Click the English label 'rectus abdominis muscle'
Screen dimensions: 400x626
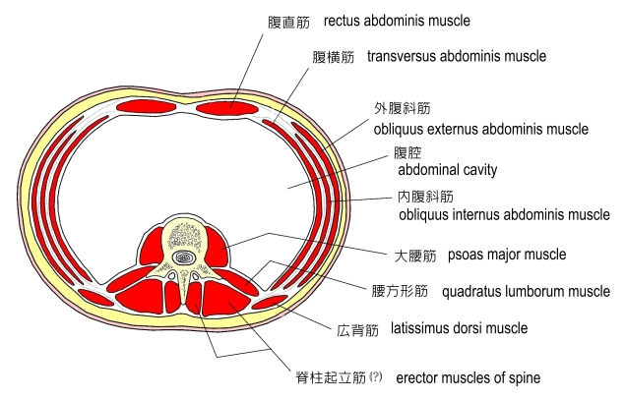coord(397,20)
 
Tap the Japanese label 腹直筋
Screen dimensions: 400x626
coord(287,21)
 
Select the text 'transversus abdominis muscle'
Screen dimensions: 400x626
coord(456,56)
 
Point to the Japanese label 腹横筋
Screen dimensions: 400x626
coord(334,57)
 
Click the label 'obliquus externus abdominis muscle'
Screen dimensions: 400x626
coord(480,129)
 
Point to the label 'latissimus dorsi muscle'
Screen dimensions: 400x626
coord(459,327)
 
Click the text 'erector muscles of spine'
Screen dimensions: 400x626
coord(468,377)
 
